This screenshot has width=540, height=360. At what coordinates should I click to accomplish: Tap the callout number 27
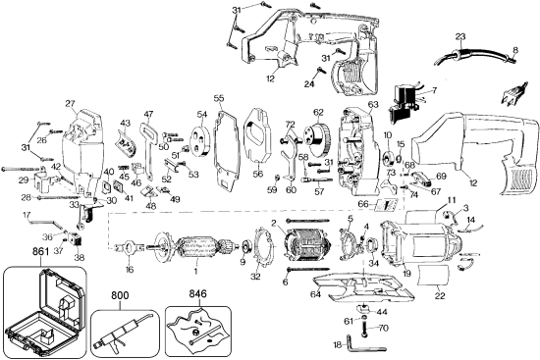click(70, 103)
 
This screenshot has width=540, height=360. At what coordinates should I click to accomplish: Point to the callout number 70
click(383, 328)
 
